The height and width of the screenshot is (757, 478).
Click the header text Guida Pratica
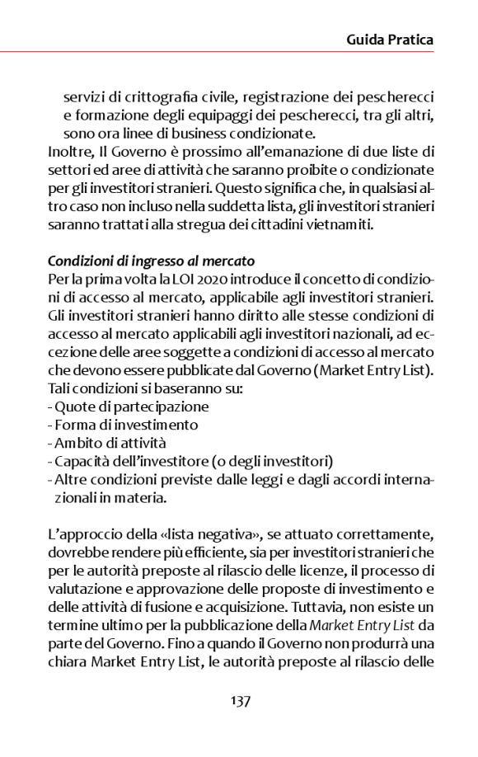(x=390, y=39)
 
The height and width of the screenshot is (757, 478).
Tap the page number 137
(x=240, y=701)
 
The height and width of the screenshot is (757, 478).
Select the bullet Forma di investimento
(x=125, y=424)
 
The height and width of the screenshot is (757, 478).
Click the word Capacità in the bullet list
(x=81, y=460)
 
